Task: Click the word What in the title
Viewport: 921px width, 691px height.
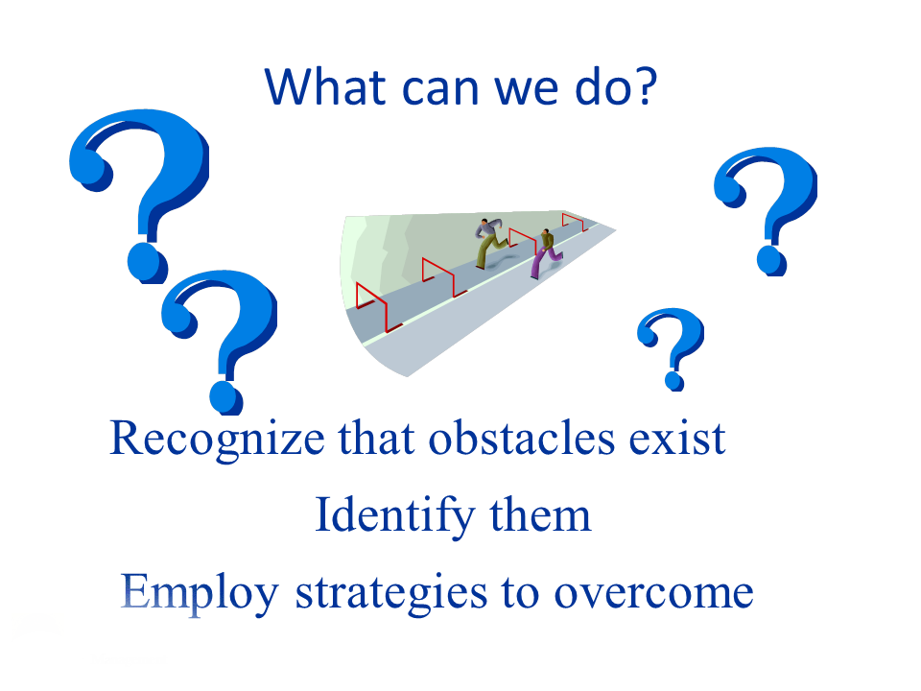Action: point(325,86)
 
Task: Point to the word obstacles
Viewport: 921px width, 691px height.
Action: point(522,439)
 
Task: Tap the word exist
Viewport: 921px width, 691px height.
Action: point(677,439)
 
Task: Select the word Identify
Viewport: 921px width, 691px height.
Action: point(394,516)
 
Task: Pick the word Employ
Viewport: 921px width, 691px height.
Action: point(200,593)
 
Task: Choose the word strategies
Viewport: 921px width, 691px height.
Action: point(391,593)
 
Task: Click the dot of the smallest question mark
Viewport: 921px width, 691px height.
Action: point(674,380)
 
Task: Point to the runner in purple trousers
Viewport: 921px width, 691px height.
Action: point(546,253)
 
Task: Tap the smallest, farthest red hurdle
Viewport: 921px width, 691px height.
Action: point(574,221)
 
